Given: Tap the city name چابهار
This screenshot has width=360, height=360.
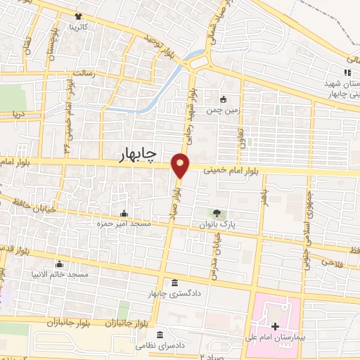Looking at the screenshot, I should tap(143, 154).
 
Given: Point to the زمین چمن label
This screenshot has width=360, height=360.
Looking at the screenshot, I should tap(218, 111).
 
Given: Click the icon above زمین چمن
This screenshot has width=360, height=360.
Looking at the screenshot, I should tap(223, 99).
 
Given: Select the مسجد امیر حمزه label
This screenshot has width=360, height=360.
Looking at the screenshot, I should tap(124, 224).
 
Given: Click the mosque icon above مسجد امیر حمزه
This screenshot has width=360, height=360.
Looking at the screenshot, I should tap(124, 213).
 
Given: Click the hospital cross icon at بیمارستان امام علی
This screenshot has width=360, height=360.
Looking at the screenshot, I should tap(274, 327).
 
